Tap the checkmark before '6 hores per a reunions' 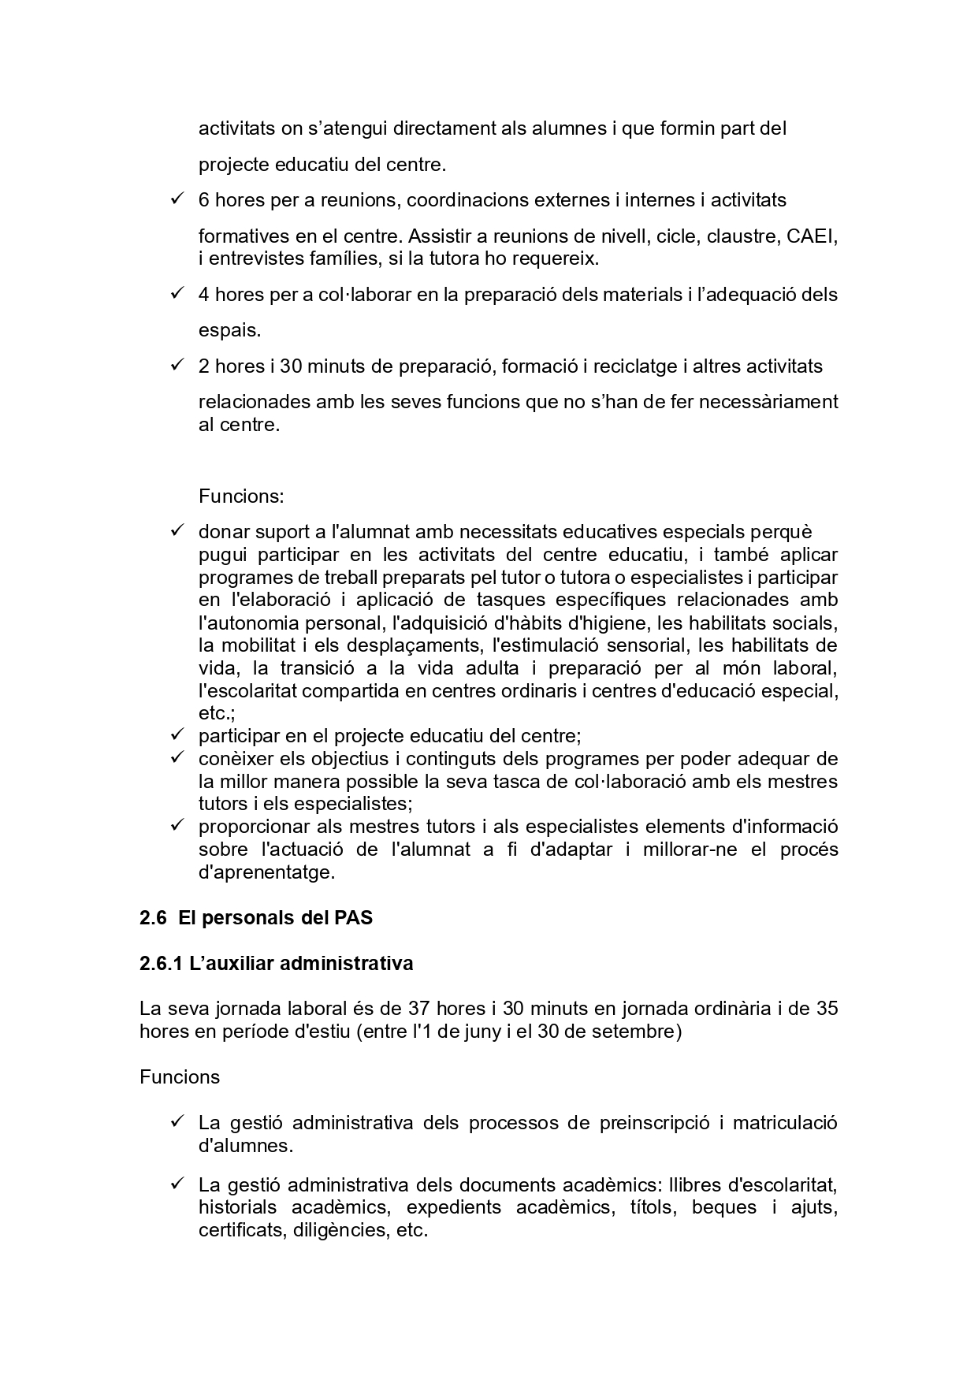tap(177, 199)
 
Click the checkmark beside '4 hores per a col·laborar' tap(177, 294)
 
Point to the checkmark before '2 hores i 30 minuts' tap(177, 366)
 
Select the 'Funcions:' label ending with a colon tap(240, 496)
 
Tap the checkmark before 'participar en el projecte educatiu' tap(177, 735)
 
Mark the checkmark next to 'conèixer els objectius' tap(177, 758)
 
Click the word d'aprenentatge tap(266, 872)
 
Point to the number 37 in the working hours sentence tap(418, 1009)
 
